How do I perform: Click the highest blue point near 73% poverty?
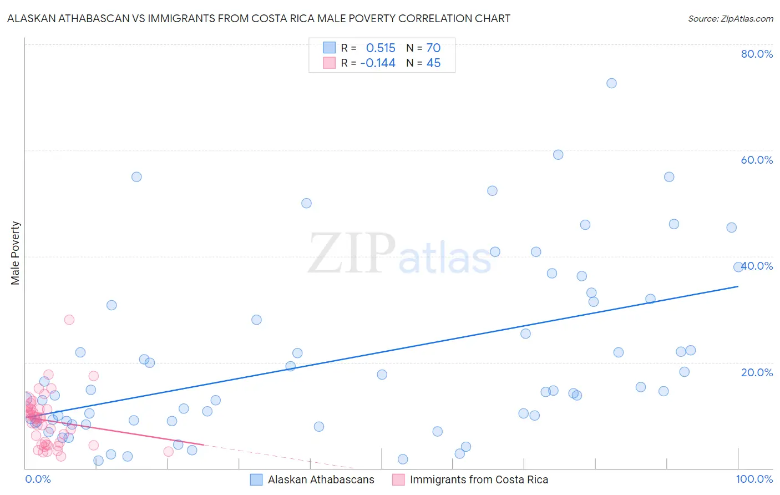pos(611,83)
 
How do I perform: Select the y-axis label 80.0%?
pos(757,54)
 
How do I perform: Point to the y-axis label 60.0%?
pos(757,160)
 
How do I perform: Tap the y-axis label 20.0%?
pos(757,372)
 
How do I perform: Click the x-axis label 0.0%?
pos(38,479)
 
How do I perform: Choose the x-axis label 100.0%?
pos(754,479)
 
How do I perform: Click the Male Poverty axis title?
pos(16,253)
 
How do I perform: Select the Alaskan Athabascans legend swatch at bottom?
pos(256,480)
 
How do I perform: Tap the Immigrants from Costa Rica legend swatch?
pos(398,480)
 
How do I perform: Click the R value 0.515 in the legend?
pos(381,48)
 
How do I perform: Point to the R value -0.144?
pos(378,63)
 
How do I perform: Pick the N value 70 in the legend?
pos(433,48)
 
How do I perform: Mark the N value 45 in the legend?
pos(433,63)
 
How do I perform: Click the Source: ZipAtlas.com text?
pos(730,19)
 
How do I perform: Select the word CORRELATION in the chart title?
pos(436,18)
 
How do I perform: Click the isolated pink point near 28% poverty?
pos(69,320)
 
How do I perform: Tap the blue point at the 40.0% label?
pos(738,267)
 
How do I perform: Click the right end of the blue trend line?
pos(738,286)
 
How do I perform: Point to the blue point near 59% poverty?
pos(558,155)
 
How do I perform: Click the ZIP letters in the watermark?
pos(352,254)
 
